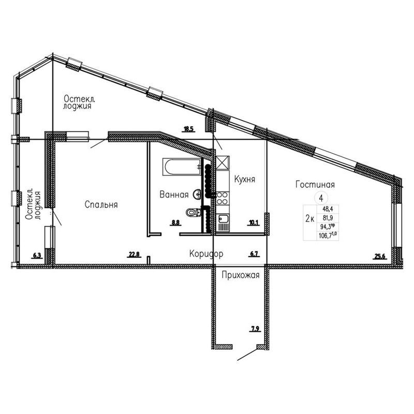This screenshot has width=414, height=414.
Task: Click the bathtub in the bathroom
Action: coord(182,167)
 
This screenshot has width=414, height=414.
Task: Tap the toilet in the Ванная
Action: coord(194,212)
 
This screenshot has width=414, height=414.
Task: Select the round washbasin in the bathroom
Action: coord(197,195)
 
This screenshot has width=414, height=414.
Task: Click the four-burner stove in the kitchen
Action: coord(223,198)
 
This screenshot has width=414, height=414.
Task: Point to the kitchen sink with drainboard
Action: coord(223,223)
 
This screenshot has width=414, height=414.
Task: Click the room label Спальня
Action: coord(101,204)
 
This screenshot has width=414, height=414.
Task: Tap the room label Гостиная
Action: coord(315,184)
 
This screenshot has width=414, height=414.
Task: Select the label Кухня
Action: coord(244,179)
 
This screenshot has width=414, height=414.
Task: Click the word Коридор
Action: coord(206,254)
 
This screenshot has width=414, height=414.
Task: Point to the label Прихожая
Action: coord(241,275)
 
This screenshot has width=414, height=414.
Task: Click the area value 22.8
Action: coord(134,254)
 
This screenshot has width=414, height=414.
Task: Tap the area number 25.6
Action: coord(380,256)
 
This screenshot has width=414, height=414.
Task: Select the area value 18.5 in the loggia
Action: coord(189,129)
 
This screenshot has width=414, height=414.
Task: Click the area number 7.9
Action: coord(255,329)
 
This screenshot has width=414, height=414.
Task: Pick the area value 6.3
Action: coord(37,255)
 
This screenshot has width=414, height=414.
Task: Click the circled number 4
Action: coord(321,198)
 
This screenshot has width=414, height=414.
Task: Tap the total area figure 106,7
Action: coord(327,235)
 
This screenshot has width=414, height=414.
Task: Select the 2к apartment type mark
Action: coord(309,218)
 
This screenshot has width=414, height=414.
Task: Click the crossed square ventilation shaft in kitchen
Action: coord(223,162)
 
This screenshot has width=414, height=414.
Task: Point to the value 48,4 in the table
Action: coord(328,209)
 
